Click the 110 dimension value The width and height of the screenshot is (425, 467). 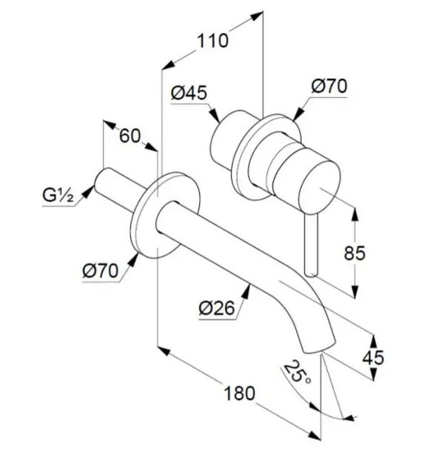212,41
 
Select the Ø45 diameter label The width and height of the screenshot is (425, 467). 189,93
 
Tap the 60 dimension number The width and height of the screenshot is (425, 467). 130,136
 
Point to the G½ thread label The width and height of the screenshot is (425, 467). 58,196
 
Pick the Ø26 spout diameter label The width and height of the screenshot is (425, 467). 217,308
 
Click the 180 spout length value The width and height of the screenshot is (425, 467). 239,393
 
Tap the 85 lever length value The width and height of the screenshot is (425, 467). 355,254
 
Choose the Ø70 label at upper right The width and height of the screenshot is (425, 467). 329,86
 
